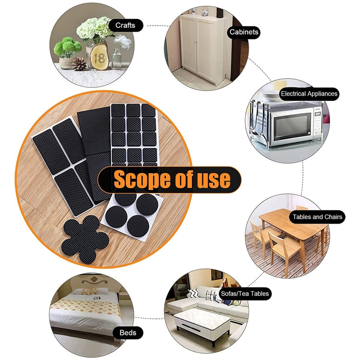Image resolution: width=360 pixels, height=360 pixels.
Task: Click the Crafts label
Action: [125, 25]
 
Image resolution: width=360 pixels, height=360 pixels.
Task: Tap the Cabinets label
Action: [244, 32]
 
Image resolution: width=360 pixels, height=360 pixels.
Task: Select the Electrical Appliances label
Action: [309, 94]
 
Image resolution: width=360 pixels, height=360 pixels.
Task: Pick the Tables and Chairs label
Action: [317, 217]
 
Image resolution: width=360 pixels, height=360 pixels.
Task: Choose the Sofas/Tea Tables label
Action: [245, 293]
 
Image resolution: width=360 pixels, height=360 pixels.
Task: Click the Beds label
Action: [128, 332]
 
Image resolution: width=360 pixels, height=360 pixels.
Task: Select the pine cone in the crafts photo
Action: [79, 64]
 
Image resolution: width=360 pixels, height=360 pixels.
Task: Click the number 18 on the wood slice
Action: [99, 58]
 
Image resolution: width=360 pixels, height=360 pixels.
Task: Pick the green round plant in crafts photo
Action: [67, 47]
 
